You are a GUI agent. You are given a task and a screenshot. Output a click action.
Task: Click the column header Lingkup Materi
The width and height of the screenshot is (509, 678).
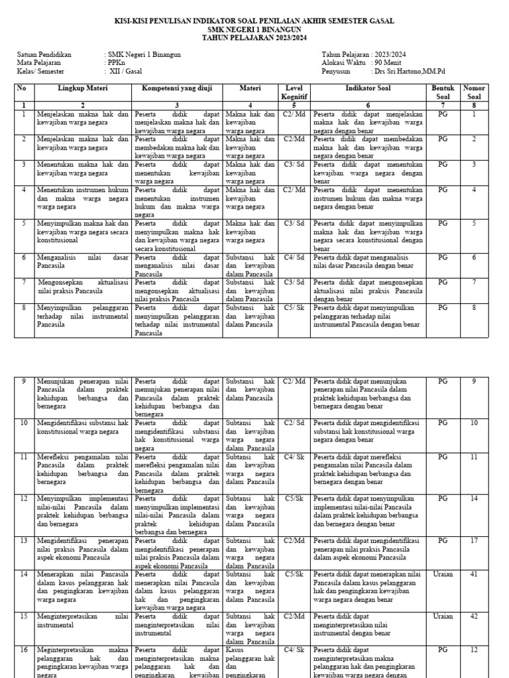[x=83, y=87]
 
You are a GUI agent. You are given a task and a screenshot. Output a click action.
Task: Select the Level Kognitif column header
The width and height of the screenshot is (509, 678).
[x=294, y=92]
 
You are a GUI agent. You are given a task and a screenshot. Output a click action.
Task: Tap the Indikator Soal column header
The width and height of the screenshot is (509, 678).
[x=368, y=87]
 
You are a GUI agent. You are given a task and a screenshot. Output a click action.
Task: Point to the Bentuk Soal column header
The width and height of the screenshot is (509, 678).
[x=443, y=92]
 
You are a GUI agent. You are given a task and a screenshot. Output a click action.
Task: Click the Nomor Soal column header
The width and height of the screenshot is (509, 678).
[x=474, y=92]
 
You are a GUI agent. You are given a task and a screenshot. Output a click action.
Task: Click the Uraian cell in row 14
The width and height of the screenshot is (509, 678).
[x=443, y=574]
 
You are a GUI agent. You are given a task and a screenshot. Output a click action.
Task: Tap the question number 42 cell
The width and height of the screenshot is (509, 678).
[x=474, y=616]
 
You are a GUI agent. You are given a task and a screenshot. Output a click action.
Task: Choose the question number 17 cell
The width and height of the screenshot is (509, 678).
[x=474, y=540]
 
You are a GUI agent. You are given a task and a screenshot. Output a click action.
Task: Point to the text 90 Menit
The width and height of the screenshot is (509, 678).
[x=388, y=63]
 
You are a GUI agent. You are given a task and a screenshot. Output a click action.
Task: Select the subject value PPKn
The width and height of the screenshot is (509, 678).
[x=115, y=63]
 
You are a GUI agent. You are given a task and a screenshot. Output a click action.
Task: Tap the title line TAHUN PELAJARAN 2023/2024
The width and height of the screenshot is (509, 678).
[x=254, y=38]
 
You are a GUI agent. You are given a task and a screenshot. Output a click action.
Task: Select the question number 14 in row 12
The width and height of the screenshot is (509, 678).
[x=474, y=498]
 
